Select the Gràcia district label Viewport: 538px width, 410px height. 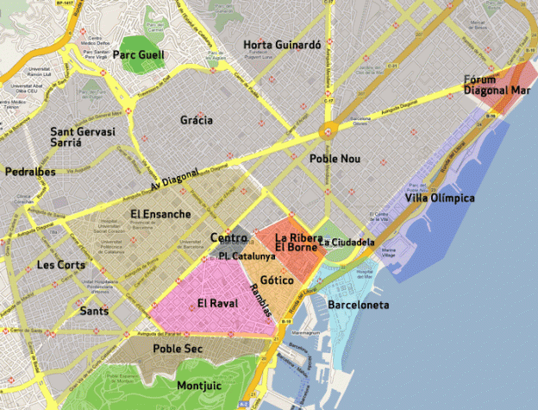[x=197, y=120]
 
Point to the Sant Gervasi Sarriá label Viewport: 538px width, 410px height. [x=76, y=138]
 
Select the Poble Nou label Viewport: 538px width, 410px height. [x=333, y=159]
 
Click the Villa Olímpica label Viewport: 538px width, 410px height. [x=440, y=198]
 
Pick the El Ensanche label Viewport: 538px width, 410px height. [x=160, y=213]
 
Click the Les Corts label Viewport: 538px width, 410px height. [x=60, y=265]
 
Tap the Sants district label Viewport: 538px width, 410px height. [x=94, y=310]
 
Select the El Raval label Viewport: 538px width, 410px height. [x=216, y=303]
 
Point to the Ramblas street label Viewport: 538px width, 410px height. [x=261, y=306]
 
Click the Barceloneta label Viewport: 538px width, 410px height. [x=359, y=305]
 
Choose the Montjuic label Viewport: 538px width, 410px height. [x=200, y=385]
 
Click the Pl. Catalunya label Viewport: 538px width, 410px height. [x=247, y=256]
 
